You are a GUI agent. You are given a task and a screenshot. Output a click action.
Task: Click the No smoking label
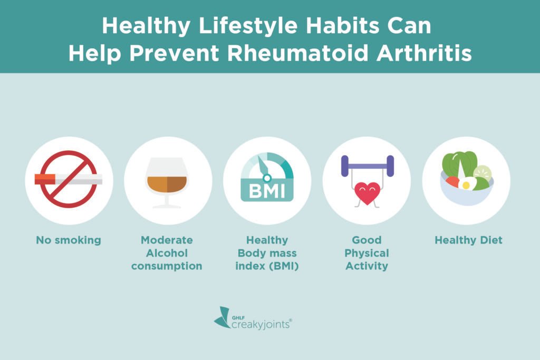(x=69, y=240)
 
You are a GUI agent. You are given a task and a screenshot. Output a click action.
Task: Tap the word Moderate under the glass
(x=167, y=240)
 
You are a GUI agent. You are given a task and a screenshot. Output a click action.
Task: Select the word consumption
(x=167, y=266)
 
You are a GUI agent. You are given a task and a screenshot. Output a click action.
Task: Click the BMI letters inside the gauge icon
(x=267, y=190)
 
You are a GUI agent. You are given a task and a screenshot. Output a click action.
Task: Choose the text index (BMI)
(x=267, y=266)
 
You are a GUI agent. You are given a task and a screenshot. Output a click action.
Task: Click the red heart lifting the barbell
(x=367, y=193)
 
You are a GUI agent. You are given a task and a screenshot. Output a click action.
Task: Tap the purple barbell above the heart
(x=367, y=165)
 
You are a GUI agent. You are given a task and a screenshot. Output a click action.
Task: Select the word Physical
(x=367, y=254)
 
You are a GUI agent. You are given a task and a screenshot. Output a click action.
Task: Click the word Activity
(x=367, y=266)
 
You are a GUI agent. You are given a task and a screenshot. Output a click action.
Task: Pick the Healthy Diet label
(x=468, y=240)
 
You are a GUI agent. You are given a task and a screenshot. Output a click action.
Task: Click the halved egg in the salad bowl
(x=466, y=184)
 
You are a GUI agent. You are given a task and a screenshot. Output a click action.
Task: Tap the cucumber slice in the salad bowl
(x=482, y=172)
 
